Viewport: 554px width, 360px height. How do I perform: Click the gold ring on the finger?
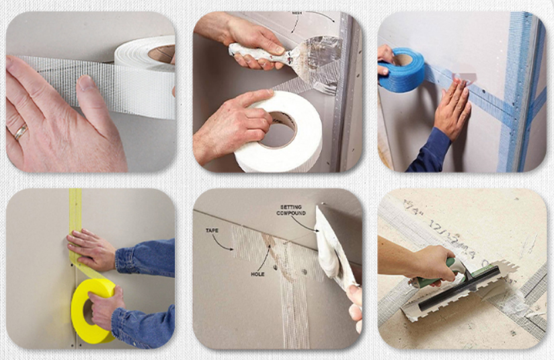point(20,132)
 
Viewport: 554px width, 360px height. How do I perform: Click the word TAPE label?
point(212,230)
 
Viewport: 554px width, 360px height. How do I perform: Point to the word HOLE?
point(258,275)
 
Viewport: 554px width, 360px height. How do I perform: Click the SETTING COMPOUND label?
point(291,211)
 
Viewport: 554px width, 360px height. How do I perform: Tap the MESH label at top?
point(296,13)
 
